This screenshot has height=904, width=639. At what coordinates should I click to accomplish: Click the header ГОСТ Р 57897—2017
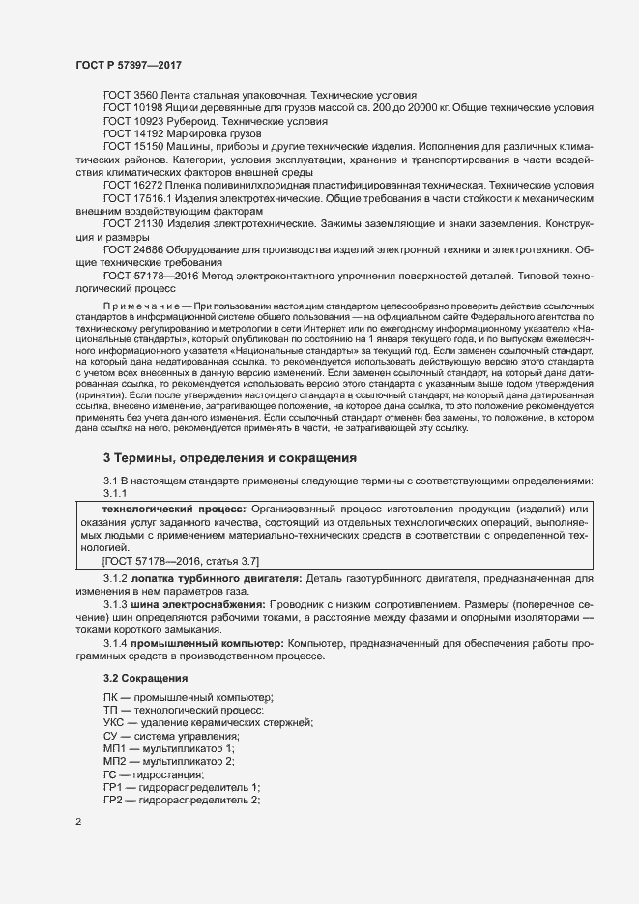click(129, 65)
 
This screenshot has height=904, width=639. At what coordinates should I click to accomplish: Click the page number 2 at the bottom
click(78, 822)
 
